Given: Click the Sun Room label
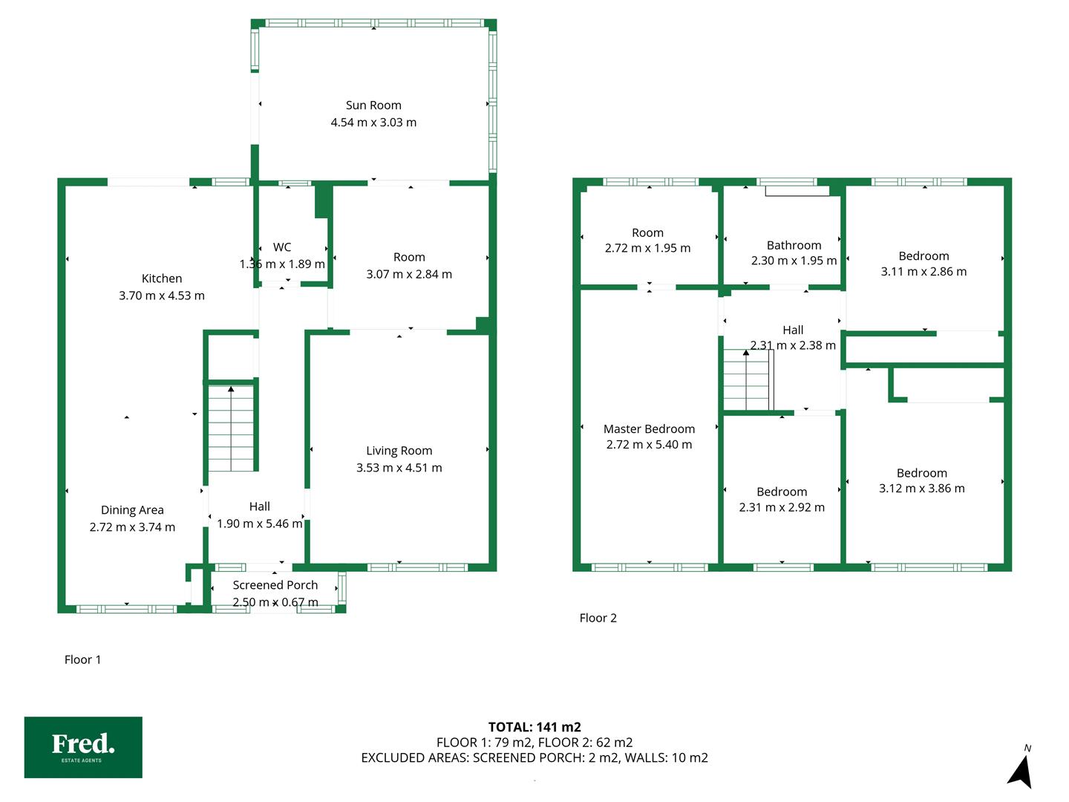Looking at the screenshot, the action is [373, 105].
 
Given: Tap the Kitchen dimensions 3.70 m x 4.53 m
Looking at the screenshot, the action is [162, 296].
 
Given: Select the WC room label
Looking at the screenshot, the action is [282, 247].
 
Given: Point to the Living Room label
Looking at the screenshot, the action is [399, 451].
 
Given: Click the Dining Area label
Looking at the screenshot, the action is [132, 510].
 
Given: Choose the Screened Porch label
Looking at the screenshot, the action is [275, 585].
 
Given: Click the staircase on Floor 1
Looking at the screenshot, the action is [232, 428].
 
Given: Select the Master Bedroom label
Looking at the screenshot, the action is [649, 429].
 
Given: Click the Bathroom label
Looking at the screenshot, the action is [794, 245].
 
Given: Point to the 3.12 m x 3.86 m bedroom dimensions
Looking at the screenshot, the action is [921, 489].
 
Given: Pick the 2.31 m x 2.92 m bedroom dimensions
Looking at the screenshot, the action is [782, 507].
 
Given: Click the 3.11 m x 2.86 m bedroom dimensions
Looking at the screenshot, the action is [923, 272].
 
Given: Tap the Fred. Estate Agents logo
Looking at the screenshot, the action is [83, 747].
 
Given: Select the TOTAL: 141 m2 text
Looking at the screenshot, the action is [534, 727].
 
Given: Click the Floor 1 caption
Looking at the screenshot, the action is [83, 659].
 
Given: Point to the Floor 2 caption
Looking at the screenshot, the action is [598, 618].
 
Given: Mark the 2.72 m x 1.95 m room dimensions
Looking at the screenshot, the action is [648, 248].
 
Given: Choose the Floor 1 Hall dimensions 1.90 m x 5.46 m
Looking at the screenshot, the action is [260, 524].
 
